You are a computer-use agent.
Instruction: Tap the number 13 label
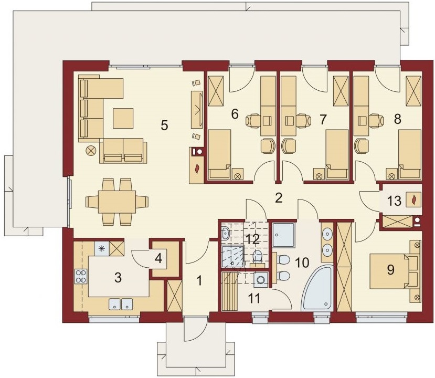click(x=394, y=200)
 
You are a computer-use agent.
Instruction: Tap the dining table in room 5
click(x=117, y=201)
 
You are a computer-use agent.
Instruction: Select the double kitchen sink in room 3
click(x=121, y=303)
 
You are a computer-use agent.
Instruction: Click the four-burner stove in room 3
click(x=81, y=277)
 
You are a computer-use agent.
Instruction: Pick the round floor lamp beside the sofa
click(x=92, y=151)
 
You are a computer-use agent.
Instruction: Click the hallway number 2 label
click(x=279, y=198)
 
